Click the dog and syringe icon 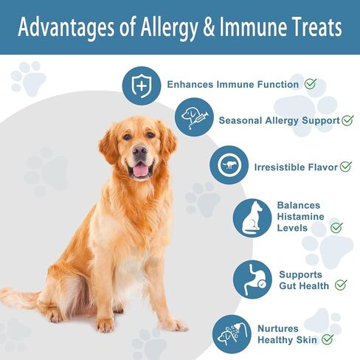coord(193,118)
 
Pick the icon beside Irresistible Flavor coord(229,165)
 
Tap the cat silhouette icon coord(252,218)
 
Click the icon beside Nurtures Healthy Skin coord(230,334)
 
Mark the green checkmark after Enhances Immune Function coord(311,84)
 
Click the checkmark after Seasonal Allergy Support coord(347,120)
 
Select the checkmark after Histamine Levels coord(336,227)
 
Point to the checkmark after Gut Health coord(340,284)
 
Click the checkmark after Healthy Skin coord(328,339)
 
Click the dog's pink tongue coord(139,170)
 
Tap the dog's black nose coord(139,150)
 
